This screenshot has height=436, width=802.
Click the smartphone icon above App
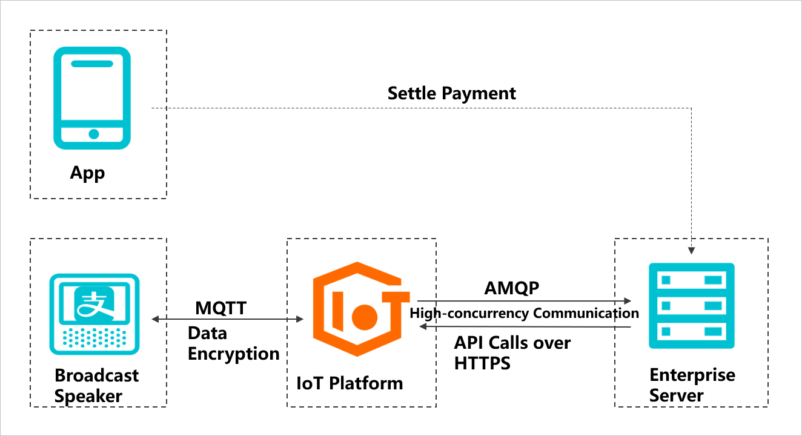[92, 98]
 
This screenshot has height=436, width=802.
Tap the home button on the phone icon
[93, 134]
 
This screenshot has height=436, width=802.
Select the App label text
[87, 173]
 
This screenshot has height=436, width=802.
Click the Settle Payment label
[451, 93]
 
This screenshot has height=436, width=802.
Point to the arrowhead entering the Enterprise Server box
[692, 249]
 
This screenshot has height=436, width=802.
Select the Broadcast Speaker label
[96, 386]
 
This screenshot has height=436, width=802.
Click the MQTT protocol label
[220, 308]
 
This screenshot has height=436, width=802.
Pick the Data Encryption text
[233, 343]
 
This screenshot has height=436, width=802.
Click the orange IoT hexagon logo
[361, 309]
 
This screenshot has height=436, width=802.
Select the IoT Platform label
[350, 383]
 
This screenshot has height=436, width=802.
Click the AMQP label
[511, 288]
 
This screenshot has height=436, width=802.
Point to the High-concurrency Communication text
[524, 313]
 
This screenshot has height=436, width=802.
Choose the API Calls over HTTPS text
[512, 352]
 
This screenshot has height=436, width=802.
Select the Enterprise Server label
[692, 385]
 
